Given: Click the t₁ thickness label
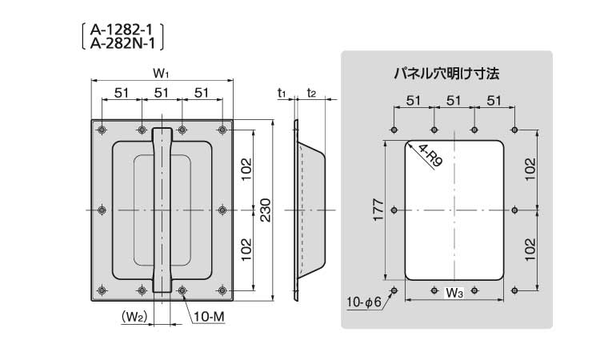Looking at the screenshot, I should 282,94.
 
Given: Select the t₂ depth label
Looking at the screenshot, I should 312,94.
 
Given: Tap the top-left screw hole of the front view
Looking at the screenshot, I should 102,130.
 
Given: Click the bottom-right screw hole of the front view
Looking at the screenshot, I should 223,290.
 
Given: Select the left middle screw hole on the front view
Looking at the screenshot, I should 102,210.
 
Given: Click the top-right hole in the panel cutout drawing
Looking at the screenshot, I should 514,130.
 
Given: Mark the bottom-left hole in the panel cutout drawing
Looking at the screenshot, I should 393,290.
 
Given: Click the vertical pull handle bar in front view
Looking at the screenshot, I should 162,210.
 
